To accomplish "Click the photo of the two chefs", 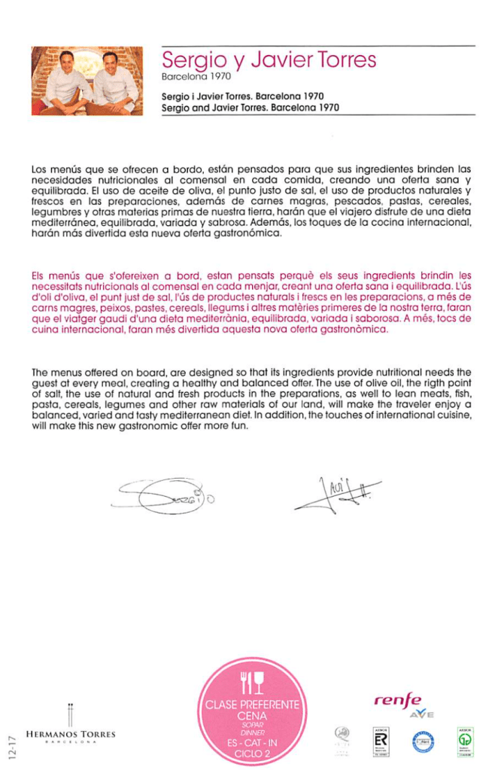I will pos(87,81).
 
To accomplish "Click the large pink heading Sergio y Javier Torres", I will pos(269,59).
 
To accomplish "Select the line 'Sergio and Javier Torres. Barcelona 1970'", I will pos(250,108).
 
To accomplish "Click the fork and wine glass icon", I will pos(252,682).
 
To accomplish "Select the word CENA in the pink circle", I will pos(252,716).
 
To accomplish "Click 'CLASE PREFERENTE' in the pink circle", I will pos(252,705).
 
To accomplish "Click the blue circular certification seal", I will pos(422,741).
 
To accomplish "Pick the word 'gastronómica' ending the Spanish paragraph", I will pos(248,234).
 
